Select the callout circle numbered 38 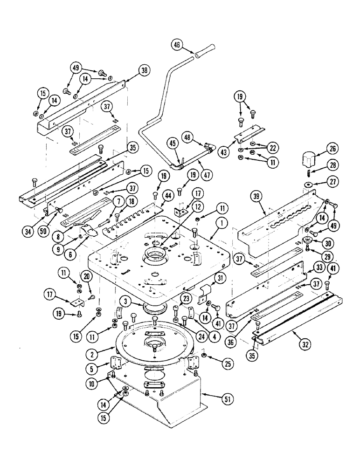(x=144, y=71)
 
